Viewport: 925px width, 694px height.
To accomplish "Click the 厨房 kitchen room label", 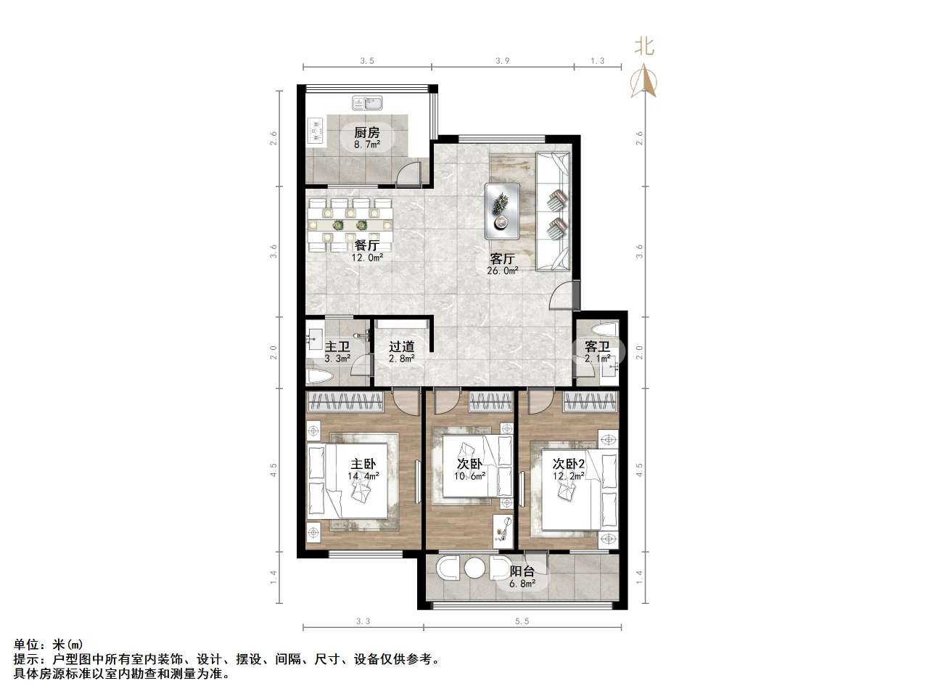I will point(366,133).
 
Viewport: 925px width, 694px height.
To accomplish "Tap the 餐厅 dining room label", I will point(367,245).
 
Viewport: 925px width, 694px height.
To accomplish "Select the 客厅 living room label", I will point(503,259).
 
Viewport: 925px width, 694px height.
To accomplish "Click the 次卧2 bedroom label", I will point(568,464).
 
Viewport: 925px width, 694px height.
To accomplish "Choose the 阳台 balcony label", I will point(522,571).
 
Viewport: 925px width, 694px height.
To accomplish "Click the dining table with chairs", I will point(350,224).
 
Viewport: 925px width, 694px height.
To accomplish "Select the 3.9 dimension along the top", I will point(502,61).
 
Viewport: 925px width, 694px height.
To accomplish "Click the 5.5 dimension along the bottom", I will point(522,621).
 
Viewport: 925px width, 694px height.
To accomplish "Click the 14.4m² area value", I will point(362,476).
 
